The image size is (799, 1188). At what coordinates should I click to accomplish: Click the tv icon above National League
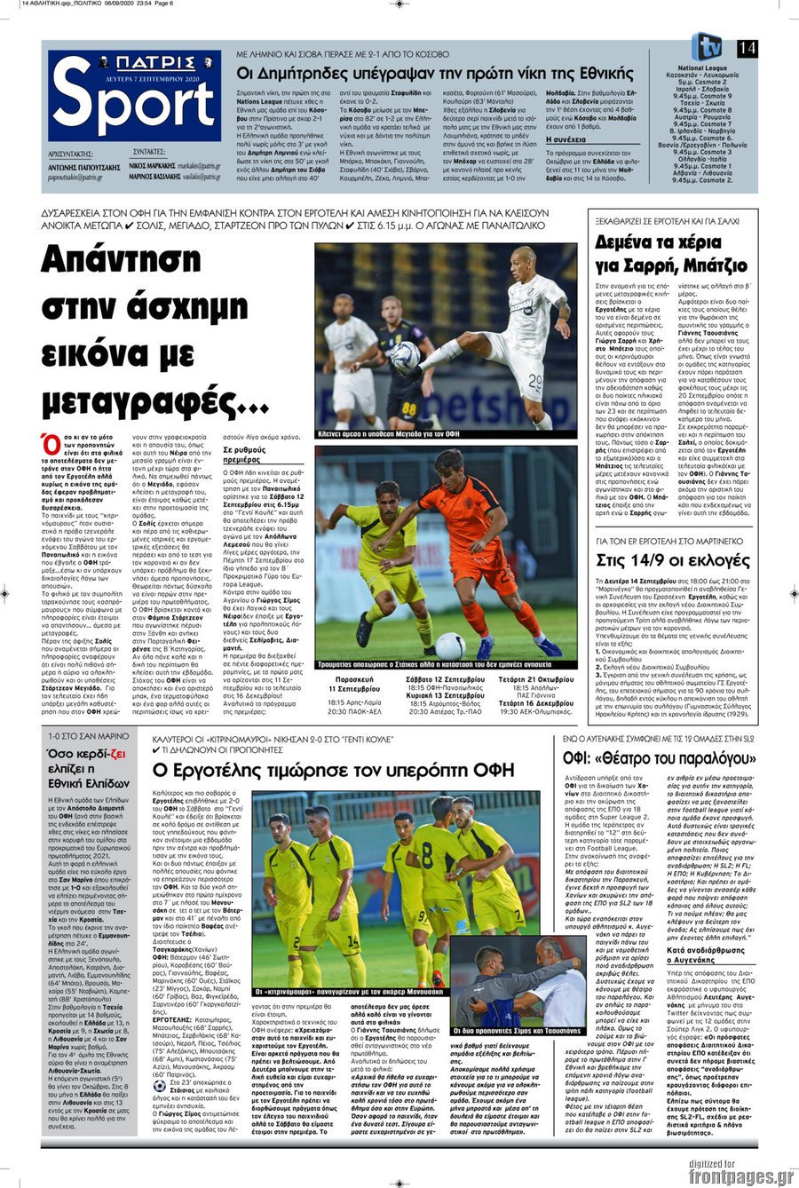pos(707,46)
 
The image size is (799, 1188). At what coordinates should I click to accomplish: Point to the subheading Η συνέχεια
pos(565,139)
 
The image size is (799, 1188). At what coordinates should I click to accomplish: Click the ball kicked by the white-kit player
pos(405,357)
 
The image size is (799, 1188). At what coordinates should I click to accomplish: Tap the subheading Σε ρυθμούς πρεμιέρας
pos(241,454)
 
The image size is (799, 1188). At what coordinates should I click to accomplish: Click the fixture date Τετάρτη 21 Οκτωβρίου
pos(534,678)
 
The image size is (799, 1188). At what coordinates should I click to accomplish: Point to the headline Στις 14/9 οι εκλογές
pos(672,560)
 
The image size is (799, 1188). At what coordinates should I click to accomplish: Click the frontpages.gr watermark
pos(740,1176)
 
